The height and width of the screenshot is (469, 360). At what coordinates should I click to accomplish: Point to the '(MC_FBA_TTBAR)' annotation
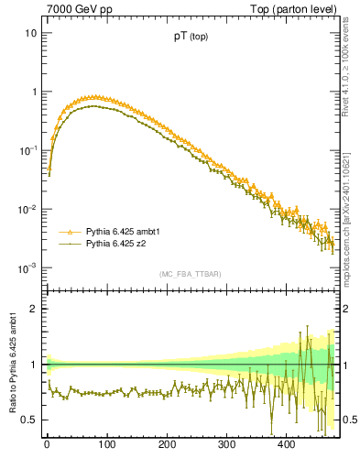[190, 274]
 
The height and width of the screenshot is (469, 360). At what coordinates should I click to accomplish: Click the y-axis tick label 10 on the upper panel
[30, 33]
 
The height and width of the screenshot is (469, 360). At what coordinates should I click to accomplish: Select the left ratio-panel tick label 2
[33, 309]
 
